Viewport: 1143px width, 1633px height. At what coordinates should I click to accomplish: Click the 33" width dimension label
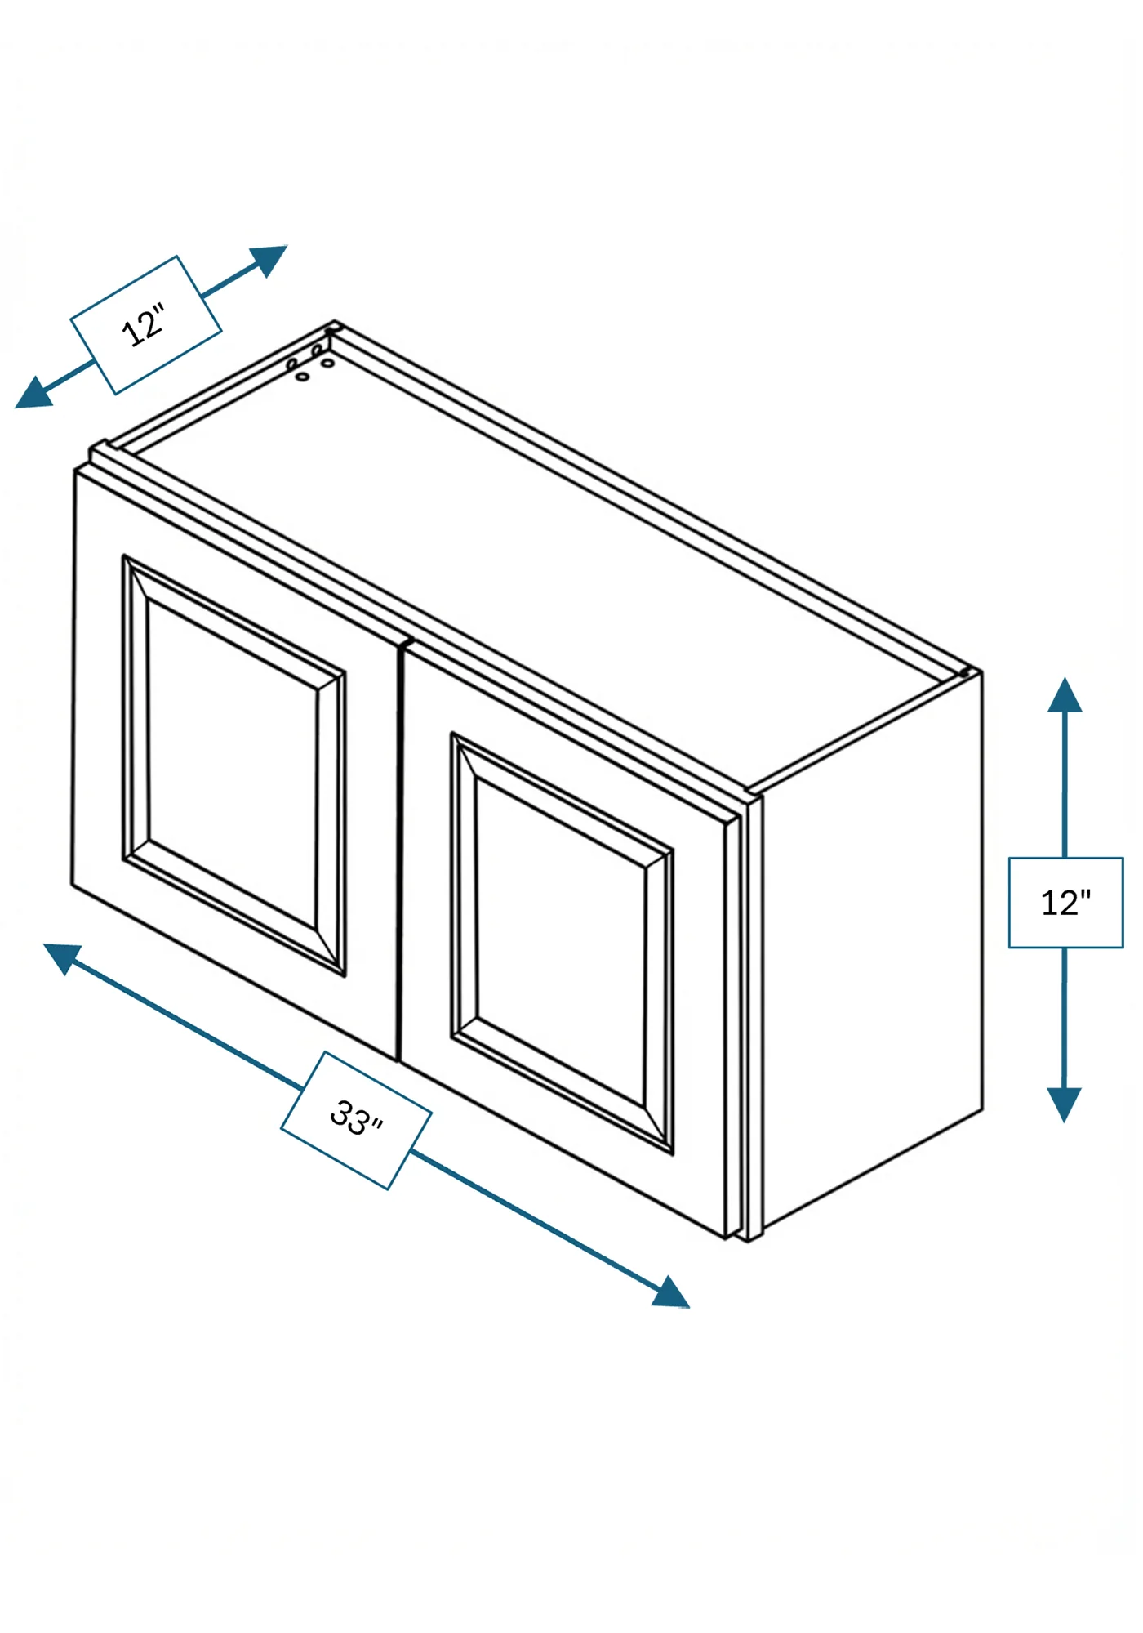click(x=357, y=1119)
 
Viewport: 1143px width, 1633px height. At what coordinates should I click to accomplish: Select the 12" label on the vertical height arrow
click(x=1066, y=903)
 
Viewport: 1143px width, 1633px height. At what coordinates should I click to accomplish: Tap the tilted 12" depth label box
click(x=145, y=325)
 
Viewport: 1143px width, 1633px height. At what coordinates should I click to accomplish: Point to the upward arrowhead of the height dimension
click(x=1065, y=694)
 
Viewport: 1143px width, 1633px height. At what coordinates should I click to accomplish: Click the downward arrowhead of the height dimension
click(x=1064, y=1104)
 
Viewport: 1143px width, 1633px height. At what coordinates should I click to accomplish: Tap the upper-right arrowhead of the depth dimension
click(x=269, y=260)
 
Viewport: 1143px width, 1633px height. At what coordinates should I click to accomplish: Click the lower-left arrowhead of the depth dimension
click(x=34, y=393)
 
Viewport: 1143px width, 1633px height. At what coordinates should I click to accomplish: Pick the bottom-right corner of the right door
click(x=726, y=1238)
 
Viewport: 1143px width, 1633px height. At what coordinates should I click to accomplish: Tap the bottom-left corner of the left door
click(x=72, y=884)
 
